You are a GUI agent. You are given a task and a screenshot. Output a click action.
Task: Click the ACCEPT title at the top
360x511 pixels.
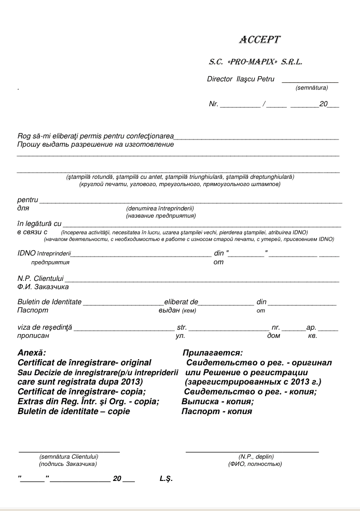259,40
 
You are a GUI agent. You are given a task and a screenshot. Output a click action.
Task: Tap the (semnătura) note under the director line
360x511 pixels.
311,88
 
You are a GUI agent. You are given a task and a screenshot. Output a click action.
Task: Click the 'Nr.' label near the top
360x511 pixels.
213,104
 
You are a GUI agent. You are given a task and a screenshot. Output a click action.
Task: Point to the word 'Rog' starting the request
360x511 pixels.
23,136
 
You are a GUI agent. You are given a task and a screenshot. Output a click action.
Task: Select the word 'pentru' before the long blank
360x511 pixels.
27,200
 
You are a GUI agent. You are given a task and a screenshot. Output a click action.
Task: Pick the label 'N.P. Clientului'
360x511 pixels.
40,279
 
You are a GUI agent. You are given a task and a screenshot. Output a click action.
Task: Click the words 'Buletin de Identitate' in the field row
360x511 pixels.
49,302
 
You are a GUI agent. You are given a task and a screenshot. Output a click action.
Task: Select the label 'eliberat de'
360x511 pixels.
182,302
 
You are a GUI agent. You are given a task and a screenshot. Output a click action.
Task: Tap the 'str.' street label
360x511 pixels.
182,328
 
